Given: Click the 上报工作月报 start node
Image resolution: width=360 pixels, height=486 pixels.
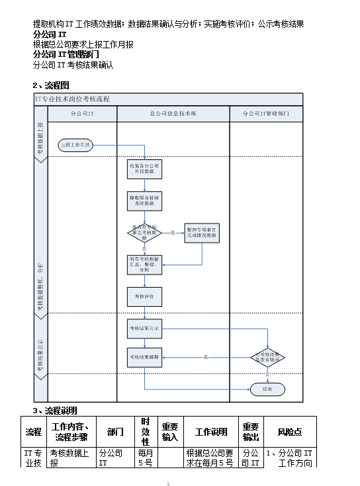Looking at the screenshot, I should click(78, 144).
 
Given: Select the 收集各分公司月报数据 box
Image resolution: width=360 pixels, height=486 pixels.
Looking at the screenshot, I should click(144, 169).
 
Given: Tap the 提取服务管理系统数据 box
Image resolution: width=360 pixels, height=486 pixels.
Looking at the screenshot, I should click(144, 200).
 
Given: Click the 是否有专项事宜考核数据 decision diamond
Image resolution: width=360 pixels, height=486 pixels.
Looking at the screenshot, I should click(144, 232).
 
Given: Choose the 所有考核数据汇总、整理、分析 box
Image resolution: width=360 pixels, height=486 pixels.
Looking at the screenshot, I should click(144, 264).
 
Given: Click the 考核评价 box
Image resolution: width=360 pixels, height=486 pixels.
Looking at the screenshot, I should click(144, 296).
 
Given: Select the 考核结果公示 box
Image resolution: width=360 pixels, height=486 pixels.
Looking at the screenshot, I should click(144, 328).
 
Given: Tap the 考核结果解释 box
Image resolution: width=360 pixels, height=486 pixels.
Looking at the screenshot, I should click(144, 357).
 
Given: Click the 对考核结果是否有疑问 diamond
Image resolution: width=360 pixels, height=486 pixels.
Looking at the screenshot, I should click(267, 357).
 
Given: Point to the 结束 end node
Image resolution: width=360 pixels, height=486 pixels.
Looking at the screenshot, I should click(267, 389).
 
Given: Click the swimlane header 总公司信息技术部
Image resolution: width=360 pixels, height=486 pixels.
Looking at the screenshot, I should click(173, 114).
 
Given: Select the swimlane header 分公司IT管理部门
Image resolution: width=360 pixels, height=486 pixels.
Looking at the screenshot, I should click(267, 114).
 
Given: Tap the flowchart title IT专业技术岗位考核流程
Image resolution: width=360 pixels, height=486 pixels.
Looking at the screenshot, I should click(73, 99).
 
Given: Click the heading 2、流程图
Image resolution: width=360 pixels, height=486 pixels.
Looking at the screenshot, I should click(51, 85).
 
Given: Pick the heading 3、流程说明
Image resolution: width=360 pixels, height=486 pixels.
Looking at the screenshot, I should click(55, 410).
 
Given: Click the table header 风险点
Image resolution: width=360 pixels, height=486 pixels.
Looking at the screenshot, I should click(290, 432).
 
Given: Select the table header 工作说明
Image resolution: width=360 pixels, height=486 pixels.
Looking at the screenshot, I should click(211, 432).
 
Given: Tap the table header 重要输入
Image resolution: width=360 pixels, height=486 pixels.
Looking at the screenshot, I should click(170, 432).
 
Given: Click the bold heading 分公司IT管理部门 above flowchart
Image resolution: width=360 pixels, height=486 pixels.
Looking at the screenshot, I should click(66, 54).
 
